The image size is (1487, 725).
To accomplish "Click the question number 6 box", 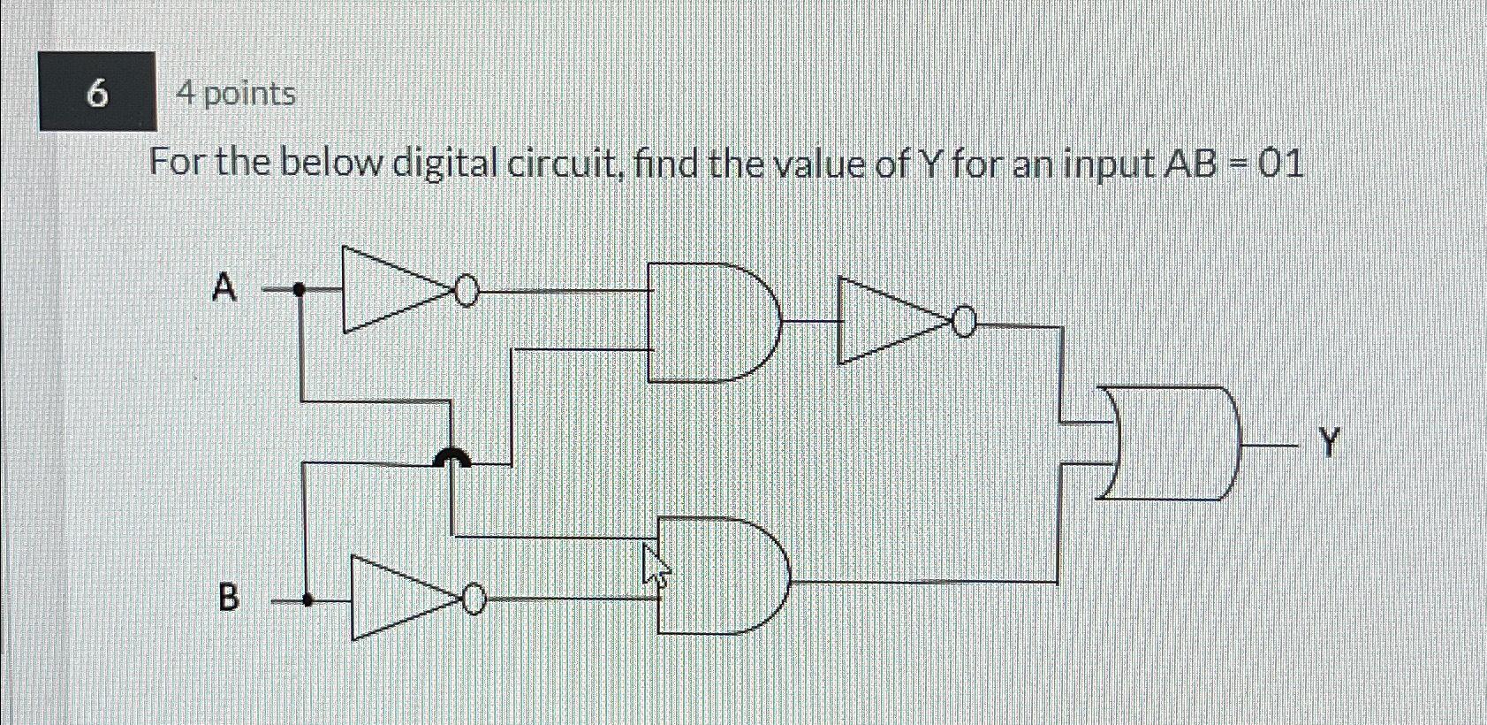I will (x=98, y=92).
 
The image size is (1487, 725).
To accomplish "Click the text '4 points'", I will (x=237, y=94).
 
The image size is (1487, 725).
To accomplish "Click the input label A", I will (x=225, y=287).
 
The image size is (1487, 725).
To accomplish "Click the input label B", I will (x=228, y=599).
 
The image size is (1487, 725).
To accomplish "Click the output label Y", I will (x=1330, y=441).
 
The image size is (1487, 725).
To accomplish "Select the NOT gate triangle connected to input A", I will (x=389, y=289).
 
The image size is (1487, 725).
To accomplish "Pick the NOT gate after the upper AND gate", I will (x=888, y=320).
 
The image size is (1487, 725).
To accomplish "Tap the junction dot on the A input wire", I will (x=300, y=288).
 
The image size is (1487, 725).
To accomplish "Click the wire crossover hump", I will (x=451, y=457).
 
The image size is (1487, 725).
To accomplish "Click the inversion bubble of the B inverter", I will (x=474, y=599).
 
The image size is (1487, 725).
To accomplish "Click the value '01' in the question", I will (x=1280, y=164).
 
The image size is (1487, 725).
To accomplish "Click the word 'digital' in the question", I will (x=445, y=164).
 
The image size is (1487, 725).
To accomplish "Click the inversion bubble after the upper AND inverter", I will (x=965, y=324).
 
